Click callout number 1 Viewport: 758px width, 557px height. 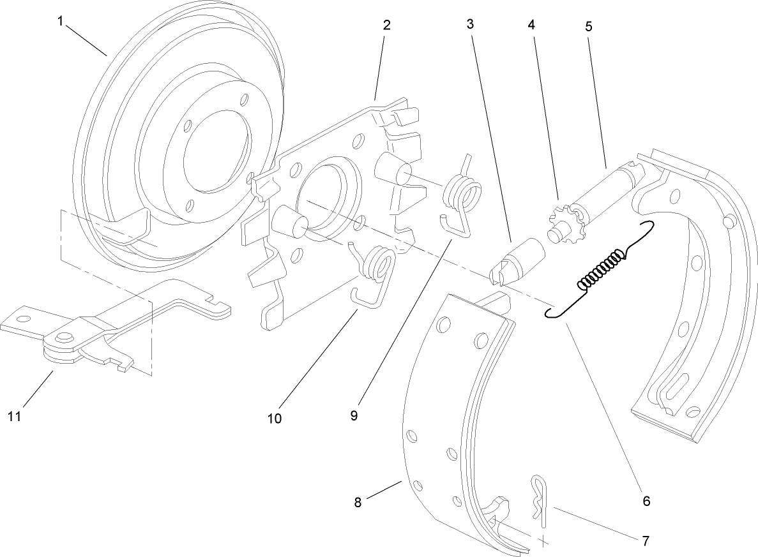pyautogui.click(x=60, y=22)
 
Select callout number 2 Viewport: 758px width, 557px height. pyautogui.click(x=387, y=26)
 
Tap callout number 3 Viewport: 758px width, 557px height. pyautogui.click(x=470, y=26)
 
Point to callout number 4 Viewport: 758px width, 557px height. pyautogui.click(x=531, y=26)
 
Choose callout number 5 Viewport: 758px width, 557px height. pyautogui.click(x=588, y=27)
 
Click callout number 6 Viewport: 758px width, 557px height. pyautogui.click(x=646, y=501)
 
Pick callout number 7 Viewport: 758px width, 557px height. pyautogui.click(x=646, y=541)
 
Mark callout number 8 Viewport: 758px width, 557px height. pyautogui.click(x=358, y=502)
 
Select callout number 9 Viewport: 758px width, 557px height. pyautogui.click(x=354, y=415)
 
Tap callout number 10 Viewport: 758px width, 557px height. pyautogui.click(x=275, y=419)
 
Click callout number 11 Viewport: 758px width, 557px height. pyautogui.click(x=15, y=416)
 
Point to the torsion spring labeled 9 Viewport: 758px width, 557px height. pyautogui.click(x=462, y=195)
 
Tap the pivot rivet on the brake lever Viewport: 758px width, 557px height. pyautogui.click(x=64, y=338)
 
